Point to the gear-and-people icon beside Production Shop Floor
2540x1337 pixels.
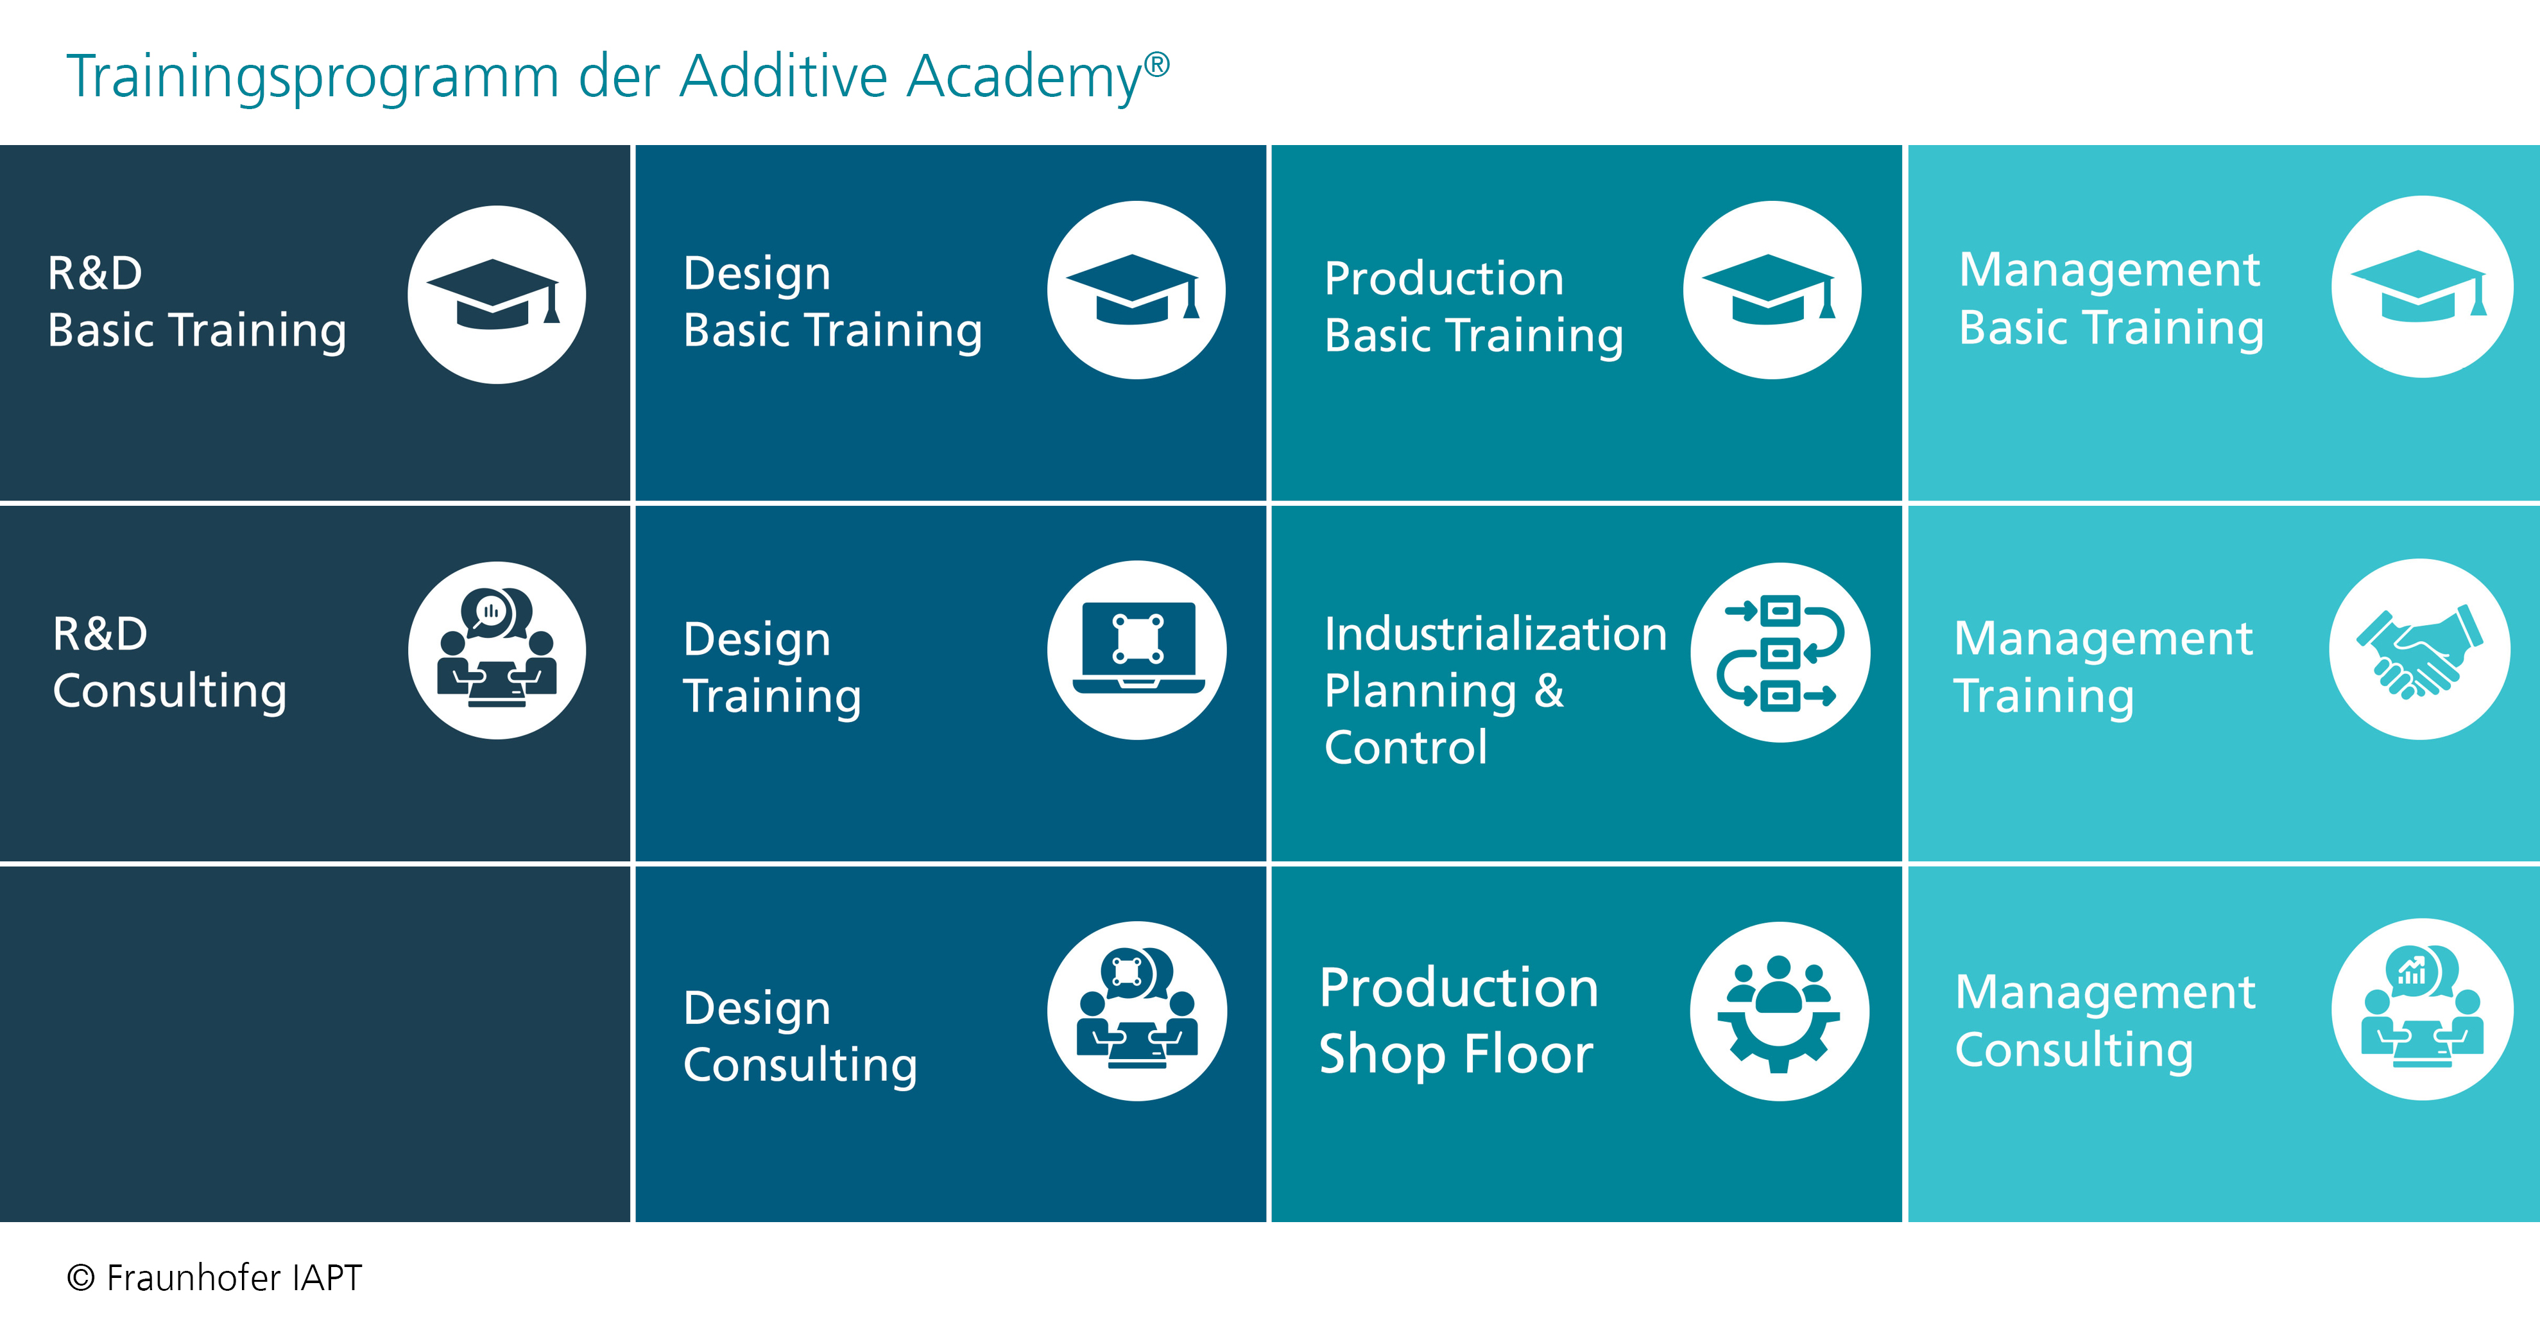click(x=1780, y=1011)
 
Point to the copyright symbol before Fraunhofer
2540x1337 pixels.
click(x=81, y=1278)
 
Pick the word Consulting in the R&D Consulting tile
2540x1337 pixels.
click(x=169, y=692)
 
